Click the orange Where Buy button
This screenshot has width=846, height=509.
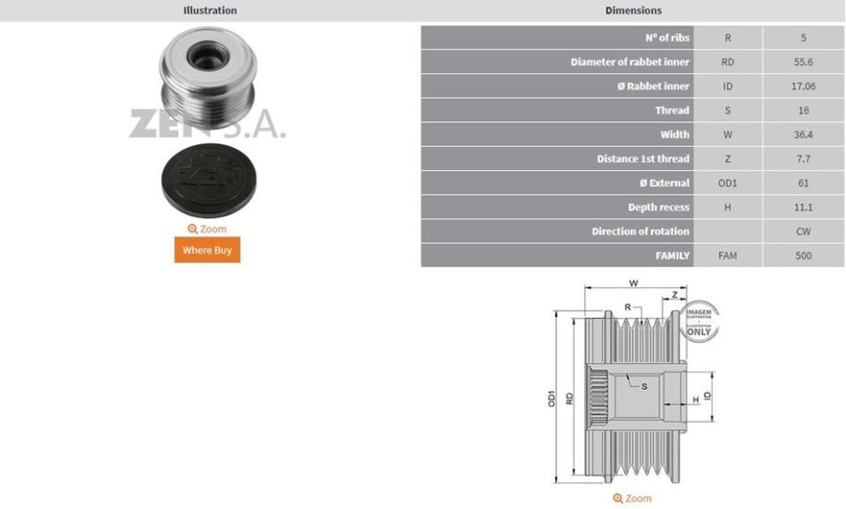206,250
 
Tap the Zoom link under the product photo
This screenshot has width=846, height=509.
206,229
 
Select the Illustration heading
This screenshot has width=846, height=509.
210,11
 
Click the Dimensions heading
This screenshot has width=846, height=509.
633,11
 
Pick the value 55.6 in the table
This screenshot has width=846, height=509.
803,63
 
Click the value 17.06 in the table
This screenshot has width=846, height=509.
803,86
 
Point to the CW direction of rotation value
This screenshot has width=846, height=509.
803,232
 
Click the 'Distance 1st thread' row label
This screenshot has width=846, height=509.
642,159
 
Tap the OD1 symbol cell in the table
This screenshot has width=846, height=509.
727,183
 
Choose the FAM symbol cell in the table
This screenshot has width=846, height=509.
727,255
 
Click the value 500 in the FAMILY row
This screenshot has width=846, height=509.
803,255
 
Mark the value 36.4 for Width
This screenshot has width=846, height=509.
803,135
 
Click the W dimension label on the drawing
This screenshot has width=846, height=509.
634,284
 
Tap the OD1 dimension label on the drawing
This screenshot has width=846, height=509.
553,397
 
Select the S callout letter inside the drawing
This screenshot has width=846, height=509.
644,386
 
